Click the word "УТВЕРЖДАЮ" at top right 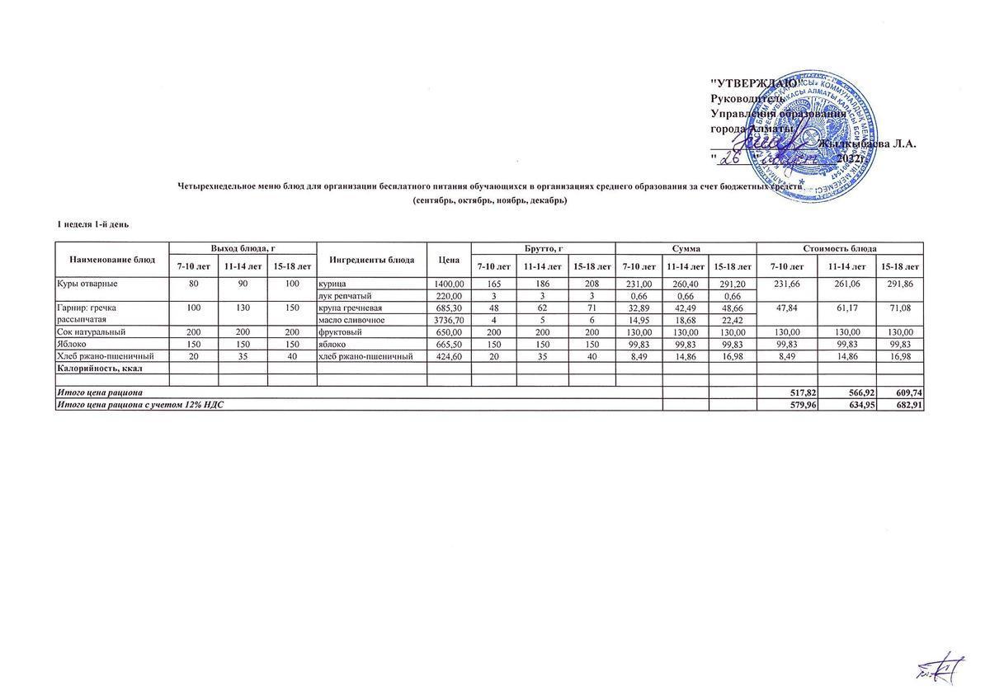pos(754,82)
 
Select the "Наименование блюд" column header pos(112,260)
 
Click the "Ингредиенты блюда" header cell pos(371,260)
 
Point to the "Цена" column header pos(449,260)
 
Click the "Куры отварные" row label pos(87,284)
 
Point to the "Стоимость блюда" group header pos(839,248)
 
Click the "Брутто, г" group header pos(542,248)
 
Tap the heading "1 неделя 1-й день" pos(92,224)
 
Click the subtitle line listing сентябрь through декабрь pos(490,200)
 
